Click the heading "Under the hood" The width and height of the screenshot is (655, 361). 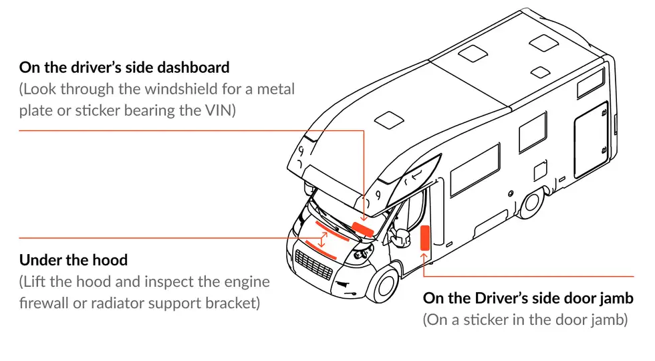pos(73,260)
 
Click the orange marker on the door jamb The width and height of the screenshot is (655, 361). pos(424,238)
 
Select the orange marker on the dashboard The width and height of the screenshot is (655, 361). pos(364,229)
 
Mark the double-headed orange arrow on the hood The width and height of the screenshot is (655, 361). pos(322,239)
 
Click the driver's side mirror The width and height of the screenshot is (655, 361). pos(402,237)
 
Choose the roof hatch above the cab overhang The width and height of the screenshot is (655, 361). pos(388,121)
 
